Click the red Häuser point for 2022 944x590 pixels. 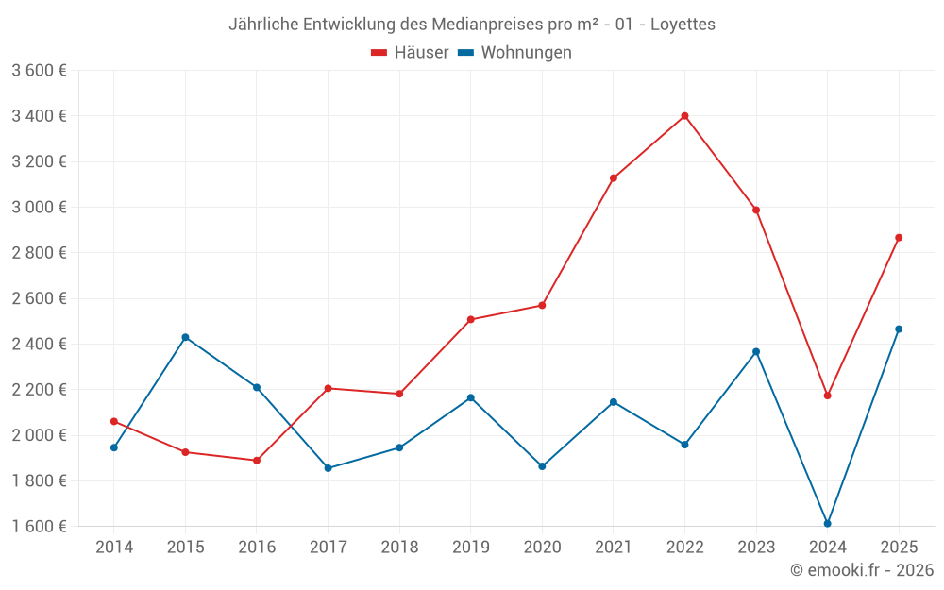(x=684, y=116)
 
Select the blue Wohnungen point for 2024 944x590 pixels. (x=827, y=523)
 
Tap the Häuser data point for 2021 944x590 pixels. (x=614, y=177)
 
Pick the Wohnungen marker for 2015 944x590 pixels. (x=185, y=337)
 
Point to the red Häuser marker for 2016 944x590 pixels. (x=257, y=461)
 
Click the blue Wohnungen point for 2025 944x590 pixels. (x=899, y=329)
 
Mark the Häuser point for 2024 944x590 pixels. (x=827, y=396)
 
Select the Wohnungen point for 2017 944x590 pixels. (x=328, y=468)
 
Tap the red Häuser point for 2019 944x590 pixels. (x=471, y=319)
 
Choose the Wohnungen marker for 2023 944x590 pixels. (x=756, y=352)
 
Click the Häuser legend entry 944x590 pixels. (x=411, y=53)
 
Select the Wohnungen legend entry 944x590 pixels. (x=514, y=53)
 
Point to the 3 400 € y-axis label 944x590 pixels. (x=39, y=116)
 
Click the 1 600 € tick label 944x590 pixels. (x=39, y=527)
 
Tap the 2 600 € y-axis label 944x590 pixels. (x=39, y=298)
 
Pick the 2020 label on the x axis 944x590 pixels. (x=542, y=547)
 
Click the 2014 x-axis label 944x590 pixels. (x=114, y=547)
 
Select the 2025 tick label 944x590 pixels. (x=899, y=547)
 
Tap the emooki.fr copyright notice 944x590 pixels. (x=862, y=570)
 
